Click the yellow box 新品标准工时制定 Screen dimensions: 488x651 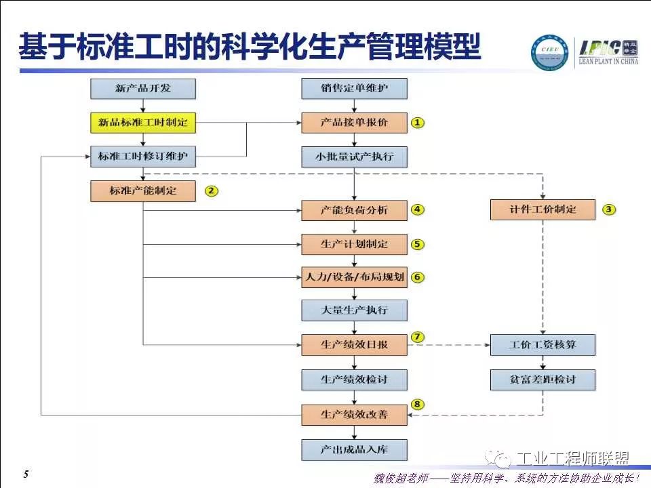coord(143,123)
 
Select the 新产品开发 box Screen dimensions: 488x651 coord(143,89)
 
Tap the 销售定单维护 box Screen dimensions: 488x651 coord(355,89)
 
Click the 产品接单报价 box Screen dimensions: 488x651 coord(355,123)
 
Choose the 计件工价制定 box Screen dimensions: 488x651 coord(542,209)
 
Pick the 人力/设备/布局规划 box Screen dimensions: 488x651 coord(355,277)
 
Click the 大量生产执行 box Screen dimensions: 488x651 coord(355,311)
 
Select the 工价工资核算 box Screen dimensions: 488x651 coord(542,345)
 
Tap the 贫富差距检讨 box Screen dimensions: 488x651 coord(542,380)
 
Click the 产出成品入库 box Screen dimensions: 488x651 coord(355,449)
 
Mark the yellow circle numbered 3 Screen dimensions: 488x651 coord(609,209)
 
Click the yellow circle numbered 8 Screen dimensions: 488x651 coord(417,405)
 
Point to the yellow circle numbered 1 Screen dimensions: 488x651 coord(417,123)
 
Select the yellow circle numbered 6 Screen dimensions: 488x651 coord(417,277)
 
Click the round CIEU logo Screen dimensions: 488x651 coord(551,52)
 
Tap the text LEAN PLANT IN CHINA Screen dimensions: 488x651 coord(608,61)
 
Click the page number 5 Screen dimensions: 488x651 coord(26,474)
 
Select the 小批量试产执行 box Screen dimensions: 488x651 coord(355,157)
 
